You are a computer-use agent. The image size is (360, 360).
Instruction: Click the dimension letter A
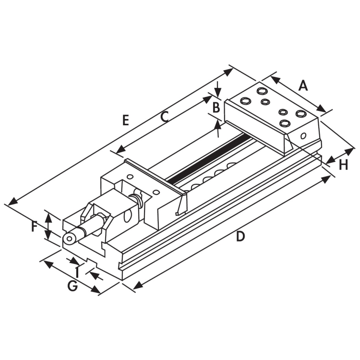(x=303, y=85)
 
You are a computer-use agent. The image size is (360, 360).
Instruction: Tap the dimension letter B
(x=216, y=107)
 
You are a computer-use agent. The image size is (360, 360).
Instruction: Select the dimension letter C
(x=165, y=117)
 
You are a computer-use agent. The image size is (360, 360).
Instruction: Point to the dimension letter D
(x=240, y=236)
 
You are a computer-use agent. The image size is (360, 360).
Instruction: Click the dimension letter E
(x=126, y=120)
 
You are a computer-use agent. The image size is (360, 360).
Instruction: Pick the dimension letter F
(x=34, y=226)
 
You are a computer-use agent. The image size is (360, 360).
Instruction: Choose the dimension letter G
(x=72, y=286)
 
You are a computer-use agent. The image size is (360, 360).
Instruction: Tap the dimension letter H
(x=344, y=165)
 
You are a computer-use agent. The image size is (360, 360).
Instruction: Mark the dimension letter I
(x=77, y=272)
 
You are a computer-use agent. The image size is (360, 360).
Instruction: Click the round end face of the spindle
(x=69, y=239)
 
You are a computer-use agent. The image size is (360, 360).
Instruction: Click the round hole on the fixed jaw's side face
(x=303, y=136)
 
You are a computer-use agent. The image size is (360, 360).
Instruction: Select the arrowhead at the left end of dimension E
(x=12, y=202)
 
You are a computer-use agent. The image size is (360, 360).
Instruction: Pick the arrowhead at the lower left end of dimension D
(x=138, y=286)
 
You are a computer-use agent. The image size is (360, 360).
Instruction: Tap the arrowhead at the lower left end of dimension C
(x=121, y=150)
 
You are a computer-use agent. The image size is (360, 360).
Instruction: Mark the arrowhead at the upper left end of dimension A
(x=276, y=80)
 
